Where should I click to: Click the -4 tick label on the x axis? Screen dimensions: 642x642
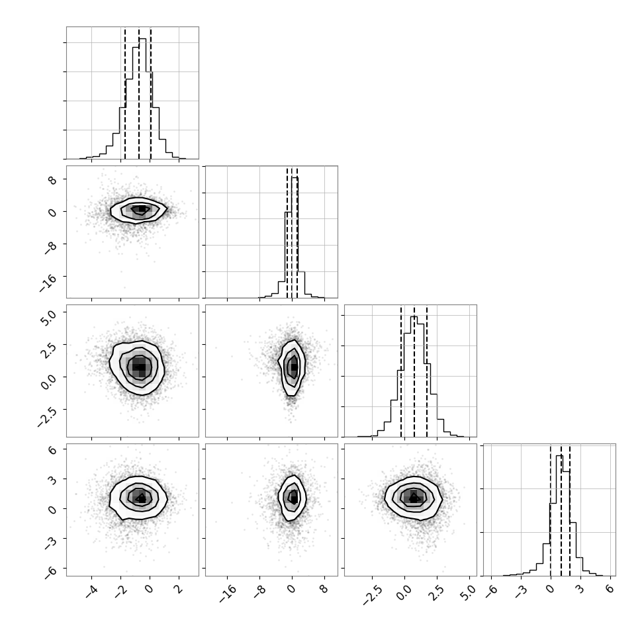[x=91, y=592]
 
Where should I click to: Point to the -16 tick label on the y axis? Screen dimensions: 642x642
[x=48, y=283]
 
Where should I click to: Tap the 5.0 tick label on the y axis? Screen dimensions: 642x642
[x=47, y=317]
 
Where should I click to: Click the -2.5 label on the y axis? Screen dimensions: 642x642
[x=46, y=417]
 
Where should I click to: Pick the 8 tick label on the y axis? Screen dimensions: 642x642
[x=53, y=180]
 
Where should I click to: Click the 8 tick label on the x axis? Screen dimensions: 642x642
[x=324, y=589]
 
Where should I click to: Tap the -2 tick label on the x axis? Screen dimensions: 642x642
[x=120, y=592]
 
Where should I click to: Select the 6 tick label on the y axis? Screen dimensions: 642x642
[x=53, y=449]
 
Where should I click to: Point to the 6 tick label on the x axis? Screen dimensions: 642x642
[x=610, y=589]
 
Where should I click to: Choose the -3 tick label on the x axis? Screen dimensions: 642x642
[x=520, y=592]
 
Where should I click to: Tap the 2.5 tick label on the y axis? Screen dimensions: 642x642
[x=47, y=349]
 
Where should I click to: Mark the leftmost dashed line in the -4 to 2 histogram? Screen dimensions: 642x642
[x=125, y=94]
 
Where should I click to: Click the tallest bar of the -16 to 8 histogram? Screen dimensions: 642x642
[x=295, y=238]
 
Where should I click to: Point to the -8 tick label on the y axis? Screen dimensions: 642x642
[x=50, y=248]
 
